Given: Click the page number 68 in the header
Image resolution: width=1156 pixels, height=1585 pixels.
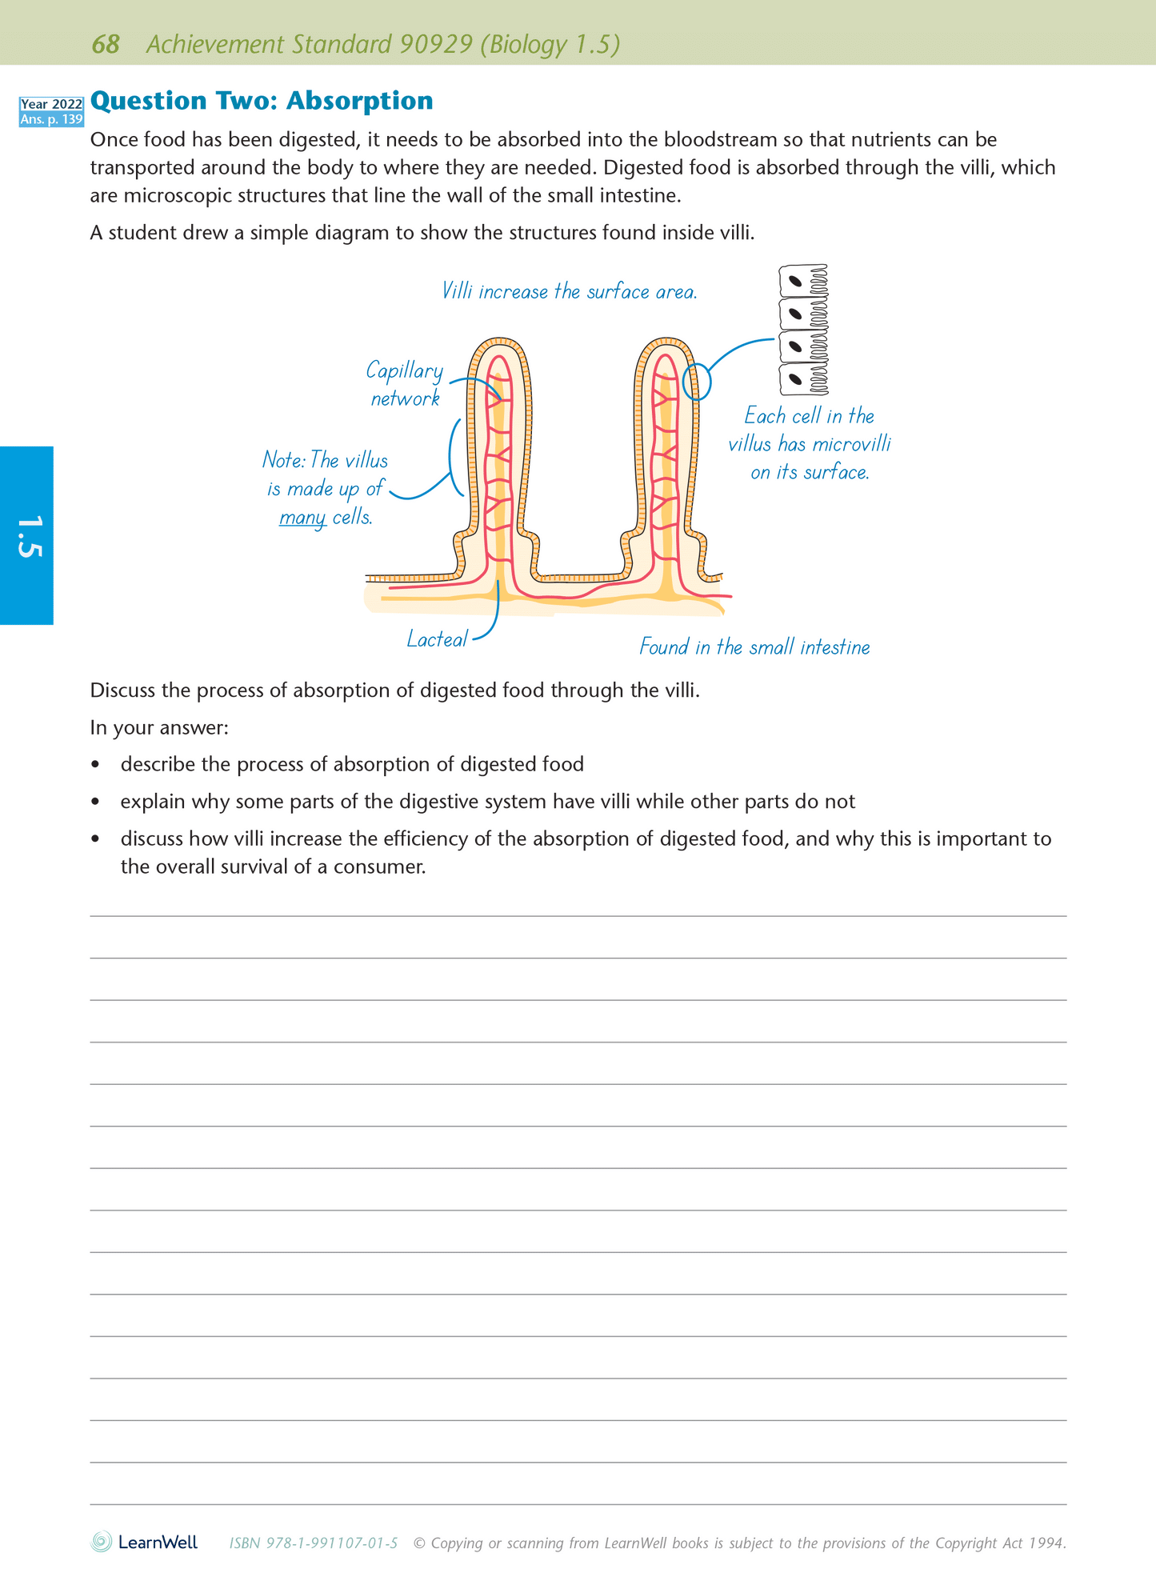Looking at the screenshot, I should tap(106, 44).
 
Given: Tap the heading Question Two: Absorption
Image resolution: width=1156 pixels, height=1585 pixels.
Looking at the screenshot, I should tap(262, 101).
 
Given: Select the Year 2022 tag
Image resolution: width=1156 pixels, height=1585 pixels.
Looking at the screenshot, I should tap(51, 104).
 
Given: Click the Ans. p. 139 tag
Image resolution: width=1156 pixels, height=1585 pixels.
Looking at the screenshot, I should tap(51, 119).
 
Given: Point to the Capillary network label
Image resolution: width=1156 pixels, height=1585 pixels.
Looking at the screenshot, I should tap(405, 384).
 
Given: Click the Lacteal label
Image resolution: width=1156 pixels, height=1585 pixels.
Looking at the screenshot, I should tap(437, 639).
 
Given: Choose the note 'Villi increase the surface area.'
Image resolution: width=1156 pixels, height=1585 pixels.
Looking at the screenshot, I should tap(569, 292).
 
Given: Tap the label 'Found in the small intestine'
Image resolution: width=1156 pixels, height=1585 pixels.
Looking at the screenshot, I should tap(754, 646).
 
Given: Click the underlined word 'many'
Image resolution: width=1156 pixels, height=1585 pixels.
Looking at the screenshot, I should tap(302, 518).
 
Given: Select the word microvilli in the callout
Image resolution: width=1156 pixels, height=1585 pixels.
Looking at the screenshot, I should tap(851, 444).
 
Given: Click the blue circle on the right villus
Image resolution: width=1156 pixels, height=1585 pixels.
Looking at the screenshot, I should tap(697, 382).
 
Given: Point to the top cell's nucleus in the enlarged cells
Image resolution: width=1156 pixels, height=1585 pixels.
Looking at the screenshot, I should tap(795, 281).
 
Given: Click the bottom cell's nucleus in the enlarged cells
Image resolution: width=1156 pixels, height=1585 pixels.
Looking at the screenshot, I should tap(795, 378).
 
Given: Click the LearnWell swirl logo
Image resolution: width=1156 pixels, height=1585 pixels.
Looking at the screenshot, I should tap(102, 1542).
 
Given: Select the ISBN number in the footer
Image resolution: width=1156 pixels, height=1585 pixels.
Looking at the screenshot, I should tap(313, 1543).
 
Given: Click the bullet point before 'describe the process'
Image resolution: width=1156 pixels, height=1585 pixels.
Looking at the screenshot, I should tap(96, 765).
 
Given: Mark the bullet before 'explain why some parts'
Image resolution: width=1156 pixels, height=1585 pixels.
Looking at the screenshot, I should tap(96, 802).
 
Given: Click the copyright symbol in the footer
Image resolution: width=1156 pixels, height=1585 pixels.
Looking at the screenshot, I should tap(419, 1543).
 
